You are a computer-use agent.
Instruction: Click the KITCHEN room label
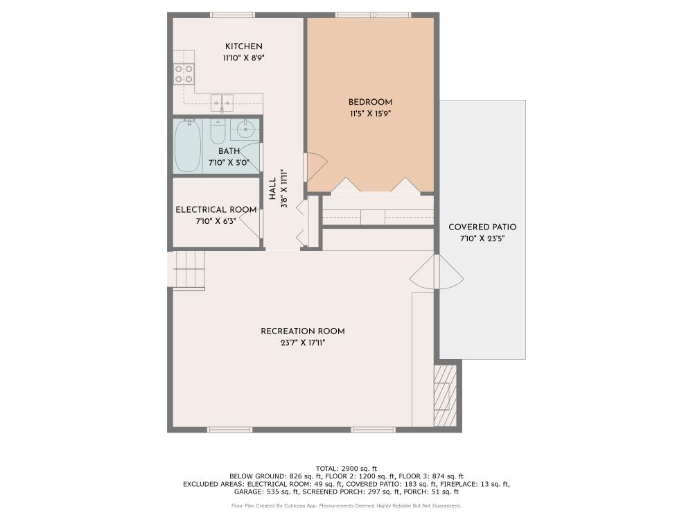coord(243,46)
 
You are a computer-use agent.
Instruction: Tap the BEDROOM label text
coord(371,102)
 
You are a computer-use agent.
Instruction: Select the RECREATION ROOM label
coord(302,331)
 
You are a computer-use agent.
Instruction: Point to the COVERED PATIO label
coord(482,227)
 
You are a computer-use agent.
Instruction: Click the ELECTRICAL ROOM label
coord(216,209)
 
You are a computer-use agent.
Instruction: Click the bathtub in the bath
coord(188,146)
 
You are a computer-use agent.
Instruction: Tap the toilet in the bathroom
coord(218,131)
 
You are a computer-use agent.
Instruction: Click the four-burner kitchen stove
coord(184,73)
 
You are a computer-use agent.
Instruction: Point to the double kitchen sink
coord(222,103)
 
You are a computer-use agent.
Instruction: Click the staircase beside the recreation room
coord(189,270)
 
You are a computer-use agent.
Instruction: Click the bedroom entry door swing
coord(315,166)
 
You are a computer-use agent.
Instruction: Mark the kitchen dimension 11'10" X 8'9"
coord(243,58)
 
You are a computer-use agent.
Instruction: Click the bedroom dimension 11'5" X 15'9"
coord(371,114)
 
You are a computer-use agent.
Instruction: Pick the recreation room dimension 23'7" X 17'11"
coord(302,343)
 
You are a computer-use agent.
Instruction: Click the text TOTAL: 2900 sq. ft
coord(346,469)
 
